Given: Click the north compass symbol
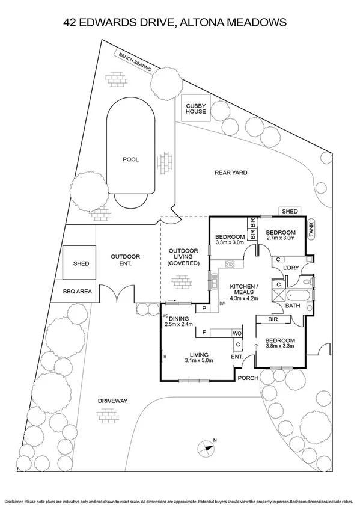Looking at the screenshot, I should pos(206,448).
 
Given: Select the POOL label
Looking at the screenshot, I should pos(130,159).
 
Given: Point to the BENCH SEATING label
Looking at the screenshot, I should pos(135,61).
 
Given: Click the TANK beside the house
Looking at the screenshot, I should pos(311,230).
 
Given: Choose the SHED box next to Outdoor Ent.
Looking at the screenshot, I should pos(81,263).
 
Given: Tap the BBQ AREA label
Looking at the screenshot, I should pos(77,292).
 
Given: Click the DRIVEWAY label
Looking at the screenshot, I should pos(114,400).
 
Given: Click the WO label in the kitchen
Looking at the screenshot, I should pos(237,332).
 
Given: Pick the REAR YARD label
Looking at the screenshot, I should pos(231,173).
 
